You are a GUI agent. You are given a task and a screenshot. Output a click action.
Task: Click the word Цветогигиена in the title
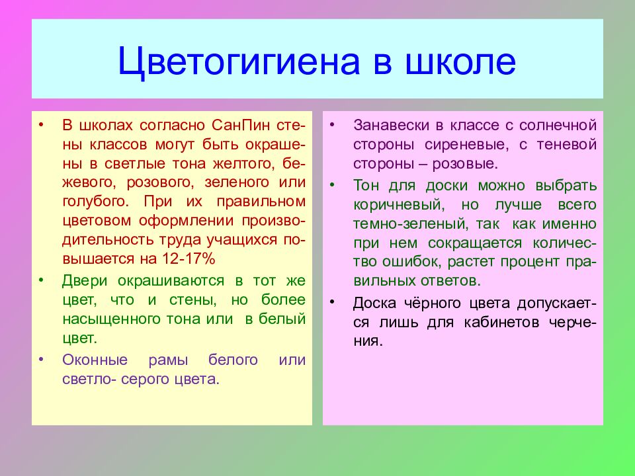click(239, 62)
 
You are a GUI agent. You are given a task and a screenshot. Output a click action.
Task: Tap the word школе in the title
click(460, 61)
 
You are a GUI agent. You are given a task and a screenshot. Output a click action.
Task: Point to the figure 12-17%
click(189, 258)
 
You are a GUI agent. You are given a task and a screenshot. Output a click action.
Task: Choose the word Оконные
click(95, 360)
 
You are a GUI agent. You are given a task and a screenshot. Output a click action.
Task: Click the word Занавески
click(391, 125)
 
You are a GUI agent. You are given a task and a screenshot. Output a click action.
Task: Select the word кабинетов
click(501, 323)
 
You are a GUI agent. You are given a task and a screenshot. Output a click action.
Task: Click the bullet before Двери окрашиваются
click(41, 280)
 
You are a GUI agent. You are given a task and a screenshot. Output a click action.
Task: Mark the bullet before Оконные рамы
click(41, 359)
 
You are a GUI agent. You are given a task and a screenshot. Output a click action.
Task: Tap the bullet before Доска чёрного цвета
click(332, 302)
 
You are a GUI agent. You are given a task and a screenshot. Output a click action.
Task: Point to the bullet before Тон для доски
click(332, 185)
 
